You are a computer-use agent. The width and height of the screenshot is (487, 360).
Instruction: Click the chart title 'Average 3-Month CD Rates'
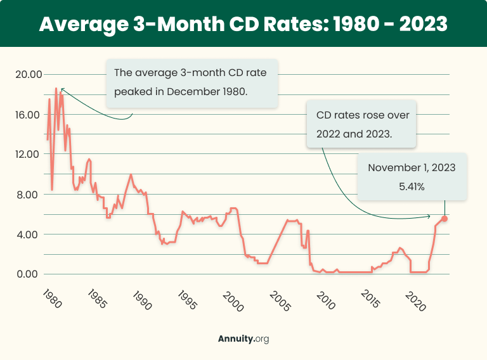243,23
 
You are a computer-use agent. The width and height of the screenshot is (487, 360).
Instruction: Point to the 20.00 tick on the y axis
28,75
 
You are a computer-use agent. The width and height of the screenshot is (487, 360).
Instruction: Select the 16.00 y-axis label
28,115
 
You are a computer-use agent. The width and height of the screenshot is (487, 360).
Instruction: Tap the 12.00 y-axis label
28,155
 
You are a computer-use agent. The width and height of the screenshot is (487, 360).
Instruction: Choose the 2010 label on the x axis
321,299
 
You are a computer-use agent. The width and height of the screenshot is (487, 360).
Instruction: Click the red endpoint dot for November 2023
445,219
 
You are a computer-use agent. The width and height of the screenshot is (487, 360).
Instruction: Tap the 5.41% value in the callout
412,187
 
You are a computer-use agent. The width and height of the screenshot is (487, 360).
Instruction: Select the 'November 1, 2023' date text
412,168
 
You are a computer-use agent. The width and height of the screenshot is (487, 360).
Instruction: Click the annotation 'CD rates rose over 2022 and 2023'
363,125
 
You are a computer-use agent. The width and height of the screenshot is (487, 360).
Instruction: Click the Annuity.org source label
243,339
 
